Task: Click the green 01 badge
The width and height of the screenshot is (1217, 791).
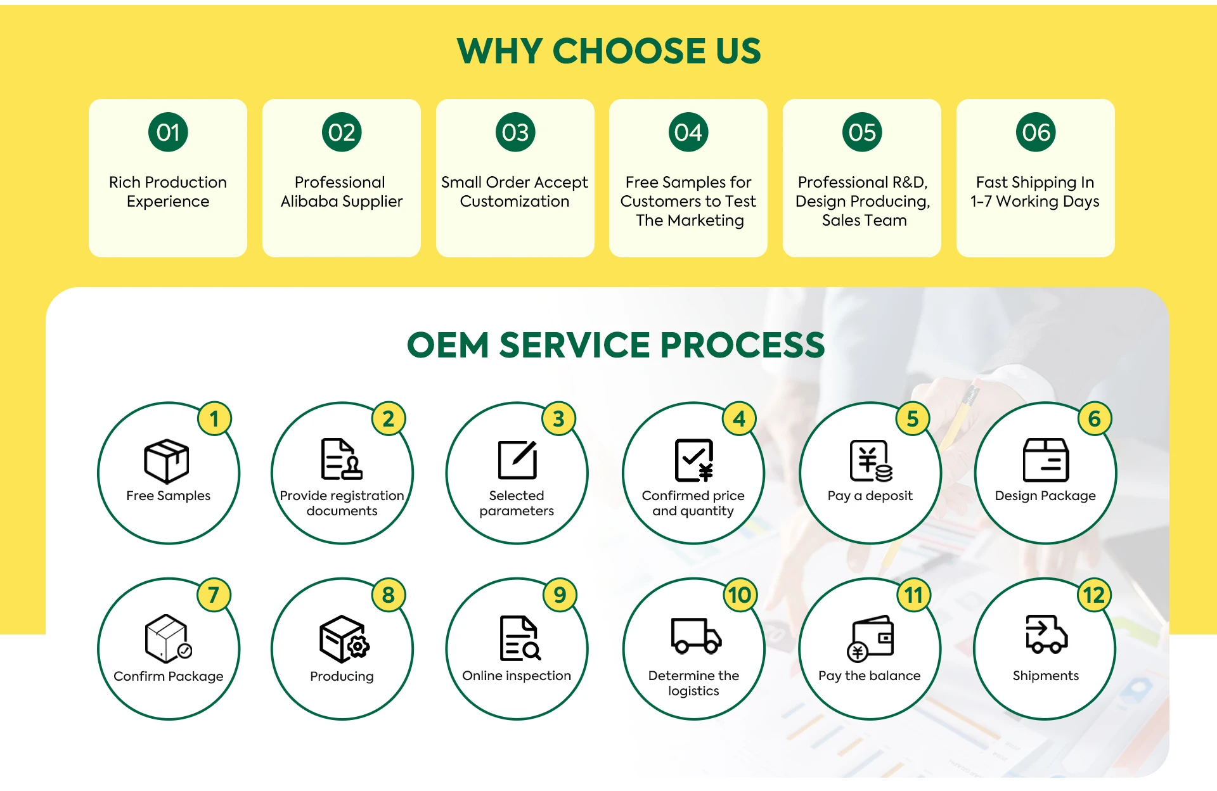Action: pos(168,132)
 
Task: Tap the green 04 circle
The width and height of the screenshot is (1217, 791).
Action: pos(688,132)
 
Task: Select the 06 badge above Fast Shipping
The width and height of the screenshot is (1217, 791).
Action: pos(1036,132)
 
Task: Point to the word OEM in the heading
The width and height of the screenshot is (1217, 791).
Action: pos(448,345)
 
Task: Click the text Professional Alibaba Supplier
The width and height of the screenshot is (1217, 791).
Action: pos(341,191)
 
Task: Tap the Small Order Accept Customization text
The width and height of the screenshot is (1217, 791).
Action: pos(515,191)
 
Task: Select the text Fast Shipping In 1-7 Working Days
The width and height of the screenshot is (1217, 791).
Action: pos(1035,191)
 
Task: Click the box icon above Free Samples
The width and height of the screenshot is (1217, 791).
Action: pos(167,461)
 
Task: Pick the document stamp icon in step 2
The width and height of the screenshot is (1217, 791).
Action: pos(342,459)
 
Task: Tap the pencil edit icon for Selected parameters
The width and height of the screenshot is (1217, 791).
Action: pos(517,460)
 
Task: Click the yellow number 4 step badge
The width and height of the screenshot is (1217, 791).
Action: pos(739,419)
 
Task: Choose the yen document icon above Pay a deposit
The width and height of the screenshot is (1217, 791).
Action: pos(870,461)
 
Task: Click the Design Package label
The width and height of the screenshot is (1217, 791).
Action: pos(1045,496)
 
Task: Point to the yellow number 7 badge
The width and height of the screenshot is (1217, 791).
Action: pos(214,595)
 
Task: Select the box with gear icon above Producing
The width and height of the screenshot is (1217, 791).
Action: pos(344,638)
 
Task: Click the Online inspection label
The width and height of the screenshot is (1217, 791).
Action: pos(517,676)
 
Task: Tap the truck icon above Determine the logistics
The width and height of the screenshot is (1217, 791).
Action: pos(695,636)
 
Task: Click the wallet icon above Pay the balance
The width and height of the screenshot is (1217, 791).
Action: pos(870,638)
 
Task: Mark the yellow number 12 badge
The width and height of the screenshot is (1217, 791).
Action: pos(1093,595)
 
